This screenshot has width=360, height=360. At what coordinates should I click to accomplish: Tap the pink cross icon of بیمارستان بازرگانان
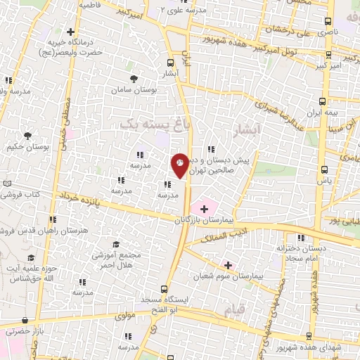[x=204, y=209]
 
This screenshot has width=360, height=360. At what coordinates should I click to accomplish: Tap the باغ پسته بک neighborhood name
[x=146, y=122]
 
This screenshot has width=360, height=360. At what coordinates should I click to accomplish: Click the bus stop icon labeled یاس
[x=324, y=169]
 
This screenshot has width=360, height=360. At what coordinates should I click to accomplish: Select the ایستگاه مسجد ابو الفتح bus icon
[x=165, y=289]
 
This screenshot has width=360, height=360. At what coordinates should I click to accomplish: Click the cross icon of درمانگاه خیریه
[x=70, y=32]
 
